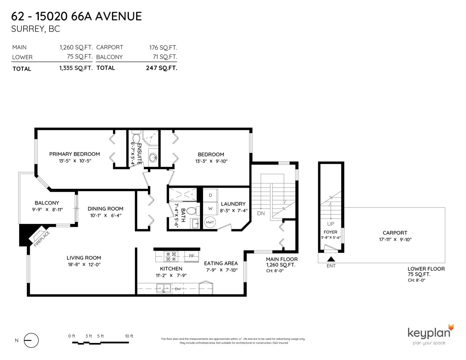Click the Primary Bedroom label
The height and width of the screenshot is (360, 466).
click(74, 154)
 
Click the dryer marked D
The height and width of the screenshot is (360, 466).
click(210, 195)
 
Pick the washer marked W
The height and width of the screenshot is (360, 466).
click(210, 209)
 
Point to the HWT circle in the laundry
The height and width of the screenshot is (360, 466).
click(210, 222)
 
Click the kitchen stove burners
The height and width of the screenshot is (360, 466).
click(171, 256)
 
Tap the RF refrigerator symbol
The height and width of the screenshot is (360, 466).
click(191, 256)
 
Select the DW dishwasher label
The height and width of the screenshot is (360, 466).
click(178, 289)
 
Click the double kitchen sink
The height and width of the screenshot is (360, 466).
click(163, 288)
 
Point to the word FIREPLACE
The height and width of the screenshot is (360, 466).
click(42, 239)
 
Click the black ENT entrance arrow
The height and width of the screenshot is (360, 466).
click(331, 259)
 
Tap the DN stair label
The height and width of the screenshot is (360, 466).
click(261, 213)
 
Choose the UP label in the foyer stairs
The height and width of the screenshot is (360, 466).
click(331, 224)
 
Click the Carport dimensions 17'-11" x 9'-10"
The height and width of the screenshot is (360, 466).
click(395, 240)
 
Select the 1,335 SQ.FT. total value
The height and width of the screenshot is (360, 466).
click(76, 68)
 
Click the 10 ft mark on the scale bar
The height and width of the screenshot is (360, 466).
click(129, 336)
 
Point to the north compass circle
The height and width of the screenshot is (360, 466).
click(31, 340)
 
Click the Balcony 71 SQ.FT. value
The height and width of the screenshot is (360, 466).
click(165, 57)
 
